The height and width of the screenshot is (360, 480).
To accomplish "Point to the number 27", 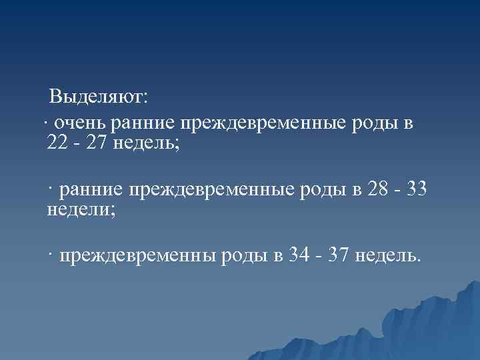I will pos(95,142).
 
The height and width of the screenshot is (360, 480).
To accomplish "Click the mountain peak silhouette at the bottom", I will pos(460,293).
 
